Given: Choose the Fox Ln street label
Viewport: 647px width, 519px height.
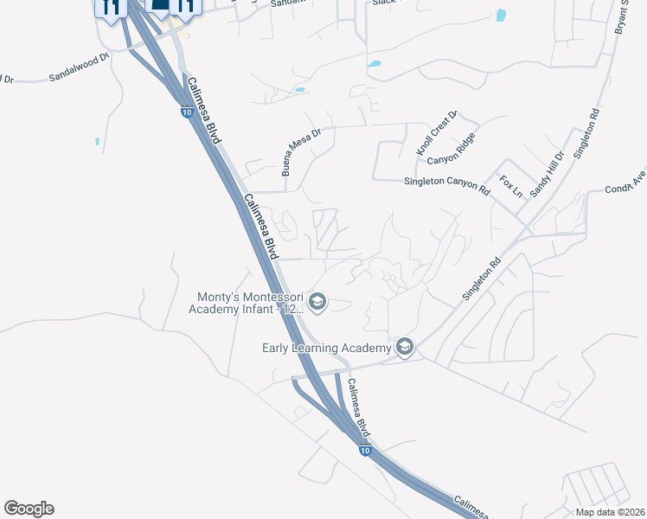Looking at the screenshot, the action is click(510, 185).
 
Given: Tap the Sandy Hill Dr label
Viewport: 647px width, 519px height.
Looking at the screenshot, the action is click(547, 173).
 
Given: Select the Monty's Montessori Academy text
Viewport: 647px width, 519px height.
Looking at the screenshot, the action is click(247, 302).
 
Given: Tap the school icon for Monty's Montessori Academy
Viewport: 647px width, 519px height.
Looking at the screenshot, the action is click(317, 301).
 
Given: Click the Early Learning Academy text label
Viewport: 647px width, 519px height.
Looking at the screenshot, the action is click(327, 349).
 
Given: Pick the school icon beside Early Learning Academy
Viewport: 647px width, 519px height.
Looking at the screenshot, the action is click(404, 348).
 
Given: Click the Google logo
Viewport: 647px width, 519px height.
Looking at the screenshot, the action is click(29, 509).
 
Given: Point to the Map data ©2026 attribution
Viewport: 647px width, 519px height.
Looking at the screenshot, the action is click(610, 512).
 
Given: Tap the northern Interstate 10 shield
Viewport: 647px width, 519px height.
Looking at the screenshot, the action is click(187, 112).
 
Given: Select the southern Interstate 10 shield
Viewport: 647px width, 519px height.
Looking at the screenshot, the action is click(364, 451).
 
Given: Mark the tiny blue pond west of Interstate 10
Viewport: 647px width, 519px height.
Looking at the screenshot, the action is click(97, 141).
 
